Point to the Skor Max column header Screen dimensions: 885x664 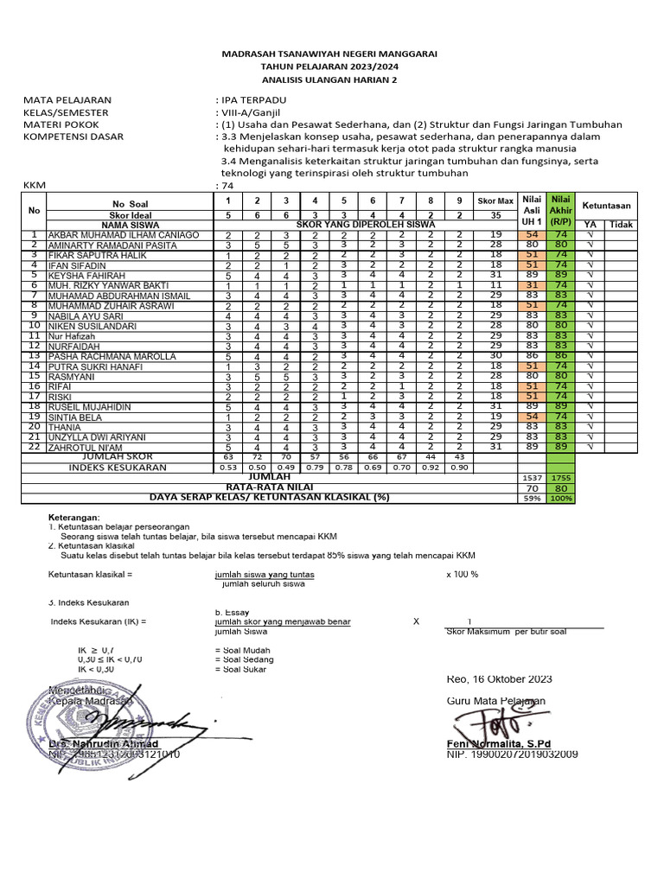pos(495,201)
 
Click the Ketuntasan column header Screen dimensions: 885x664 pos(606,207)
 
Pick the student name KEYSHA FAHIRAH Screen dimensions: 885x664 pos(85,276)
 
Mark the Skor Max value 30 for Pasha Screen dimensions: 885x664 pos(495,355)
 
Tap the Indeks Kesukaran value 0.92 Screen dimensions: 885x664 pos(431,468)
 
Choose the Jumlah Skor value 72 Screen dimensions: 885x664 pos(256,456)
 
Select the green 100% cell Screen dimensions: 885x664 pos(562,498)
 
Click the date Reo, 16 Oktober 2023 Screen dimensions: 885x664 pos(499,679)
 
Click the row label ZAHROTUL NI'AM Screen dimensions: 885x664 pos(86,447)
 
